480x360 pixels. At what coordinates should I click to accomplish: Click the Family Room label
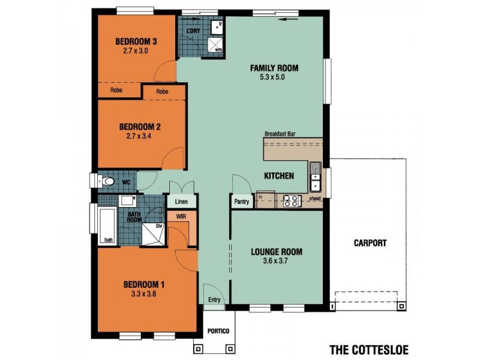274,68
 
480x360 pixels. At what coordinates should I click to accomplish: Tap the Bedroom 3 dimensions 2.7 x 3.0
136,51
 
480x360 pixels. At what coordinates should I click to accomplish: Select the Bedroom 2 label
140,127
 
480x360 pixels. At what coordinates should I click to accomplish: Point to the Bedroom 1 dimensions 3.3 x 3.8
143,294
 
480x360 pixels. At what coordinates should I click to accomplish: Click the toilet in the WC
108,181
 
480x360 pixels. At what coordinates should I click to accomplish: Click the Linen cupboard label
182,202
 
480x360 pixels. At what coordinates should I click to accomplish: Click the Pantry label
241,202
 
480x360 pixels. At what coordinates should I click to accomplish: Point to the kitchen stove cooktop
292,200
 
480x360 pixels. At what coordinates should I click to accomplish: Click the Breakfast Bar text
281,134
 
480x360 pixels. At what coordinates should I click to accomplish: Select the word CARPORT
370,243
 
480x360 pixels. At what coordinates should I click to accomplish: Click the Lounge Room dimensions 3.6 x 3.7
276,262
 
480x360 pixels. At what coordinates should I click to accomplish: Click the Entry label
214,299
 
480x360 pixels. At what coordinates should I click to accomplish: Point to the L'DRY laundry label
193,30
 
